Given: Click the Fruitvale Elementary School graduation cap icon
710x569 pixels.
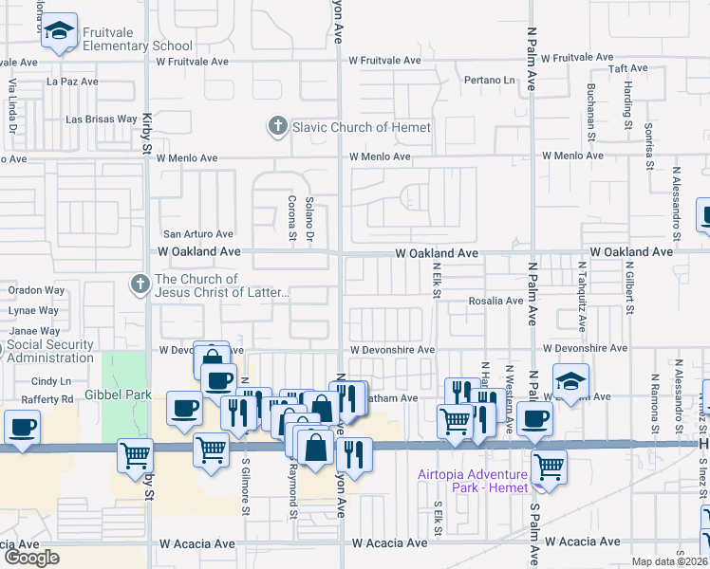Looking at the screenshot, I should point(59,31).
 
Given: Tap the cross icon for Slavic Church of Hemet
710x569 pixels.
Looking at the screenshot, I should point(277,126).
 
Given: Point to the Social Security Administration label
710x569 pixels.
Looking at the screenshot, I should point(52,351).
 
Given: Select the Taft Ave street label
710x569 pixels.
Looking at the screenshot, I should point(628,68).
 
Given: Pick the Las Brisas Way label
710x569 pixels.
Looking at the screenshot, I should point(101,119).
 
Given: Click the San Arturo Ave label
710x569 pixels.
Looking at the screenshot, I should point(198,233).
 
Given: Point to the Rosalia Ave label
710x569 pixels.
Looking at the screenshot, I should point(495,301).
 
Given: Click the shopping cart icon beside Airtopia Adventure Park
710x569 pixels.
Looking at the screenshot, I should point(550,467).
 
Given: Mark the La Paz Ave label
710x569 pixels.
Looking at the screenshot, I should point(72,82).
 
